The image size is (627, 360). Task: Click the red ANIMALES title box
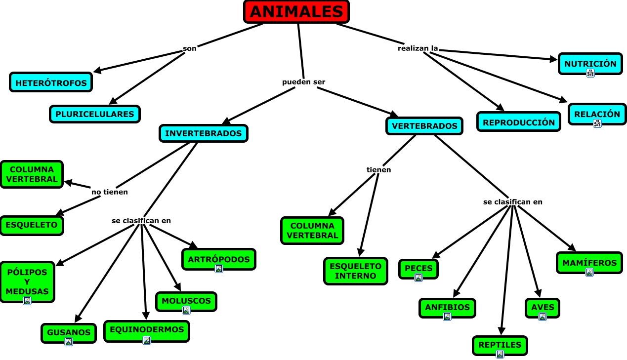click(x=296, y=11)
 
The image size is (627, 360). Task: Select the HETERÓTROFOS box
click(x=51, y=82)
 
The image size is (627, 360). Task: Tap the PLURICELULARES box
click(x=95, y=114)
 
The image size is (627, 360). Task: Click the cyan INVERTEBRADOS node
click(x=203, y=133)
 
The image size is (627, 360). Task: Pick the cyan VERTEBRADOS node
click(x=424, y=126)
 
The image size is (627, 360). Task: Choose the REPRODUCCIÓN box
click(x=519, y=122)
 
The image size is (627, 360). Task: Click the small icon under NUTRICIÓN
click(x=590, y=73)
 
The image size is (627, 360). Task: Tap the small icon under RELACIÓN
click(x=597, y=123)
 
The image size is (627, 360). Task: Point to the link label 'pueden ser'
click(x=303, y=82)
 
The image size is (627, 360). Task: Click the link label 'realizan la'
click(x=418, y=48)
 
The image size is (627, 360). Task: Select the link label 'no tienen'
click(x=109, y=192)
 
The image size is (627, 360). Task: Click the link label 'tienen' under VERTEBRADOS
click(x=378, y=170)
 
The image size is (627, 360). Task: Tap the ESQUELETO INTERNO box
click(x=356, y=271)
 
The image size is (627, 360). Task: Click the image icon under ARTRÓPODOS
click(x=219, y=269)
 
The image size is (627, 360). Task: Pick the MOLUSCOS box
click(x=186, y=301)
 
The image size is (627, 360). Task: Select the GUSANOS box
click(x=69, y=332)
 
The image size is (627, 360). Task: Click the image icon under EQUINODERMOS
click(x=147, y=340)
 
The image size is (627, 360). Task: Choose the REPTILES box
click(x=500, y=345)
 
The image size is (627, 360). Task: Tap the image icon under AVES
click(x=543, y=317)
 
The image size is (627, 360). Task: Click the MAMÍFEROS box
click(x=589, y=263)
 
